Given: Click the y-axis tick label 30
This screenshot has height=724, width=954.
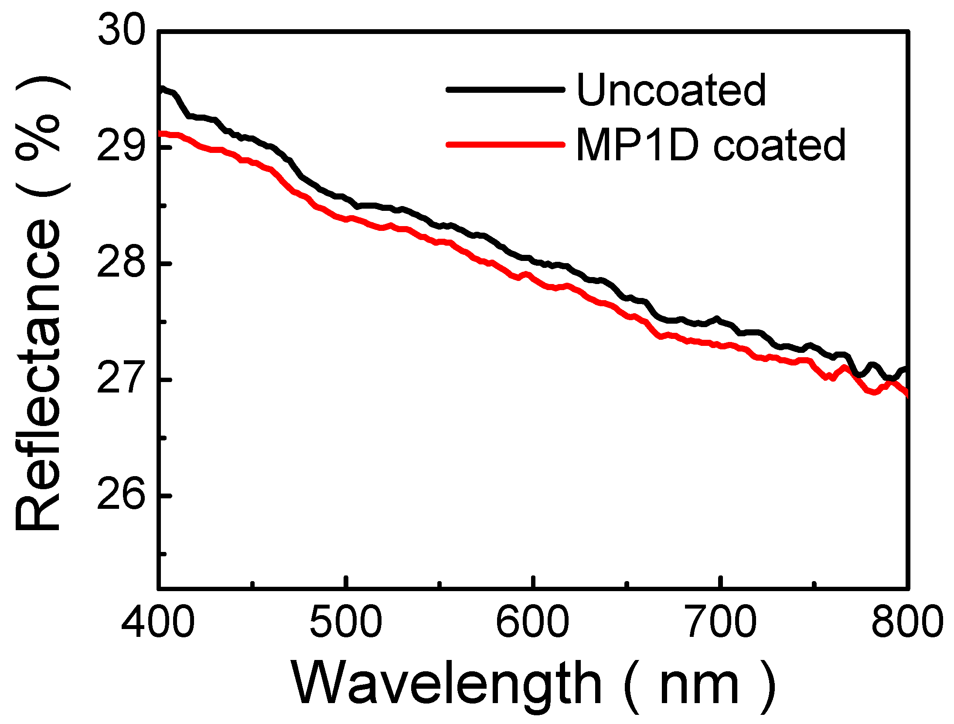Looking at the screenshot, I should (120, 31).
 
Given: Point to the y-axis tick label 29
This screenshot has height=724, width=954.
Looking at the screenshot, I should (120, 147).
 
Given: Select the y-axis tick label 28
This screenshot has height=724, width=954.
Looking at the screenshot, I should (120, 263).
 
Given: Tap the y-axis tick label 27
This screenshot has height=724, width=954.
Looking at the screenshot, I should (120, 379).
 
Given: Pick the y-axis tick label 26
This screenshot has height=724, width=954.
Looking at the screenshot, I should (120, 495).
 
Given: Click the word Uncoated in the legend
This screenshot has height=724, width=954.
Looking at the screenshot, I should (671, 90).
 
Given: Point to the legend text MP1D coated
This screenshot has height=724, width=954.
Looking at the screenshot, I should (711, 145).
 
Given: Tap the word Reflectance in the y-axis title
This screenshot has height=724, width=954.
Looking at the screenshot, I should (38, 376).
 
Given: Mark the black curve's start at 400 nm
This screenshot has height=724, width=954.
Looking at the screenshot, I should (160, 88).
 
